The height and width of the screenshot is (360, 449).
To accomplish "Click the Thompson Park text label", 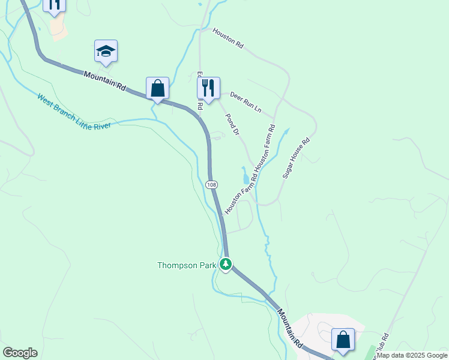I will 185,265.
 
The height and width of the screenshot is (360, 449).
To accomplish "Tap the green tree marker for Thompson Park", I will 226,264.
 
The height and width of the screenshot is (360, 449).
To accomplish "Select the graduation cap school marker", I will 106,51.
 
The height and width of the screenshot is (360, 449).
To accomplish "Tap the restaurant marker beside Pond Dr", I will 208,88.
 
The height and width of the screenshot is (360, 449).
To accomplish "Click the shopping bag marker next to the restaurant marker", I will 157,88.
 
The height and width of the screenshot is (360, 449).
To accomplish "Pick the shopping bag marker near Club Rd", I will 343,340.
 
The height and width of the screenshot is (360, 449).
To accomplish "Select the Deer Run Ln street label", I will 246,102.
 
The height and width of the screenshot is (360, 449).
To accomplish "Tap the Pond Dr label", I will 232,124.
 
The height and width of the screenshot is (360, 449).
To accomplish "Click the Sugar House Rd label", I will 296,158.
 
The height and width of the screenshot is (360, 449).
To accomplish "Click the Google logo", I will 20,353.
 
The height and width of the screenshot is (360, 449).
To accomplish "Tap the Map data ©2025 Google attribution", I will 412,355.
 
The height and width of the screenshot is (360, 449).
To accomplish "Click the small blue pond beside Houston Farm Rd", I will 245,177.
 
